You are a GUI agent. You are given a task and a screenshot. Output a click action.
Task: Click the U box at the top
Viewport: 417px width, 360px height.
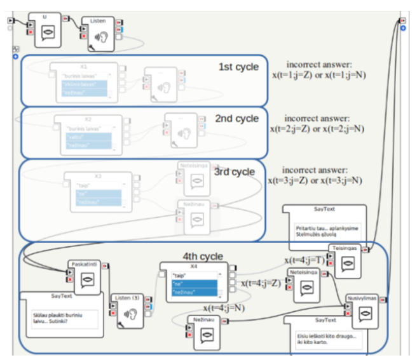(44, 29)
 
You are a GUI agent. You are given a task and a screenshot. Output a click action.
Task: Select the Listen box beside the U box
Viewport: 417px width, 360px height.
(98, 33)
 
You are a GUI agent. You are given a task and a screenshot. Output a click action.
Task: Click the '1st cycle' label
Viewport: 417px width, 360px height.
(238, 66)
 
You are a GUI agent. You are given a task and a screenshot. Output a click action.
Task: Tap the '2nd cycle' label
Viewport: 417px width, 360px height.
(237, 118)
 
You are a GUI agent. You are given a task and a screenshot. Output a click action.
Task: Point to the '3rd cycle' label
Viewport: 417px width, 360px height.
(234, 171)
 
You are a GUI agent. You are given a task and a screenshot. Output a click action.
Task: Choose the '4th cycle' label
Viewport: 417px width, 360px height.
(203, 256)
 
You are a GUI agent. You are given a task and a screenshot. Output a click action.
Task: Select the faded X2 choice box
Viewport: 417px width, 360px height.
(88, 134)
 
